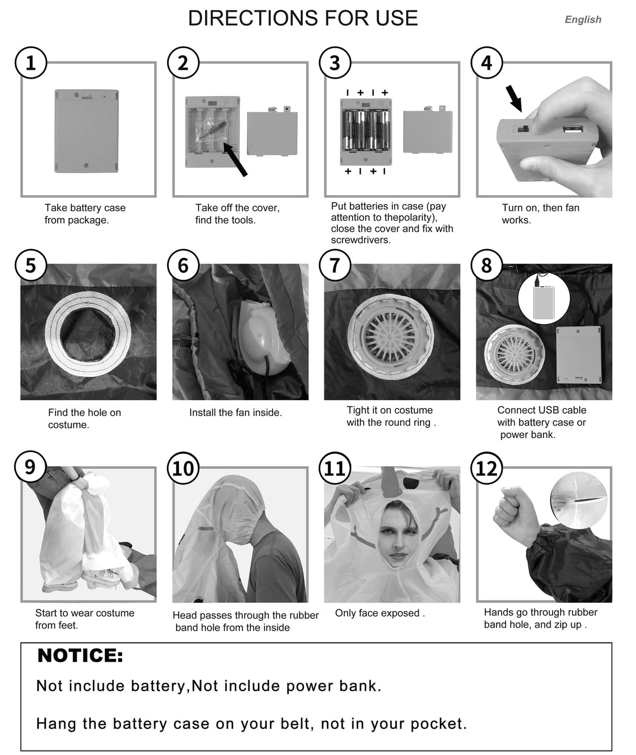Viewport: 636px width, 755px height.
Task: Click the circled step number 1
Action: (31, 63)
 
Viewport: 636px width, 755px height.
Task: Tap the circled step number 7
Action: (335, 266)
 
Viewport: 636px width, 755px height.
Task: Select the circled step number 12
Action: (487, 468)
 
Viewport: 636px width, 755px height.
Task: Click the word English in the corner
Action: (583, 19)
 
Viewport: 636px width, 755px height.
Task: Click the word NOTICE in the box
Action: (80, 655)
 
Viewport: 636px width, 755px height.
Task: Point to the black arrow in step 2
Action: (235, 159)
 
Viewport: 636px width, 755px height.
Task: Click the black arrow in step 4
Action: (513, 99)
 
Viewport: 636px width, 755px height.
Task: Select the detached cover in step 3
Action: (428, 131)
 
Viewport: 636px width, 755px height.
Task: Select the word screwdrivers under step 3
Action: (360, 240)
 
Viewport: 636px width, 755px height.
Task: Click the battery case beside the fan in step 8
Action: (579, 355)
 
